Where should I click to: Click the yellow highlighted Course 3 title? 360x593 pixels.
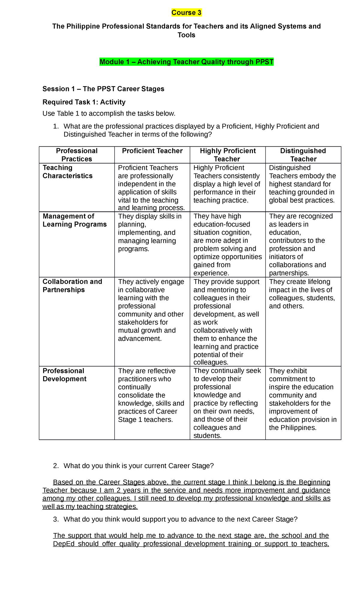186,13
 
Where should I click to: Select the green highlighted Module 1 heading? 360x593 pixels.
186,62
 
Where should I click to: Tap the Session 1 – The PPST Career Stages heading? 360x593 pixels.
103,89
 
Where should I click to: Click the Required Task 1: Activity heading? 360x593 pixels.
84,102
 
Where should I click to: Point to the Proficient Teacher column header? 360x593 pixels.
152,151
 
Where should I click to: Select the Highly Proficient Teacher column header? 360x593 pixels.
227,155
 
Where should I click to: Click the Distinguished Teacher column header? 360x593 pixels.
303,155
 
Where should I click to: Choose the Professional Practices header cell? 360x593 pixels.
77,155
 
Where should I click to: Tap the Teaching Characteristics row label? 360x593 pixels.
67,172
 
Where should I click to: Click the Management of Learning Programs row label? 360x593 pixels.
74,220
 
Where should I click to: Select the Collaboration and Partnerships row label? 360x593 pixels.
72,286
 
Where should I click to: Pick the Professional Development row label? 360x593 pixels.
64,375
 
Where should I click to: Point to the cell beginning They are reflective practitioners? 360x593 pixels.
151,395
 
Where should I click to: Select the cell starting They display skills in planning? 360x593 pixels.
150,233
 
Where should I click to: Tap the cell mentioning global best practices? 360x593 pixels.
302,184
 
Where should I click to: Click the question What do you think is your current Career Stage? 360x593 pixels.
139,466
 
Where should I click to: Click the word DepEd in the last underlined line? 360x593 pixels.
64,544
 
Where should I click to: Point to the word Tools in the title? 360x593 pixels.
186,35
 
